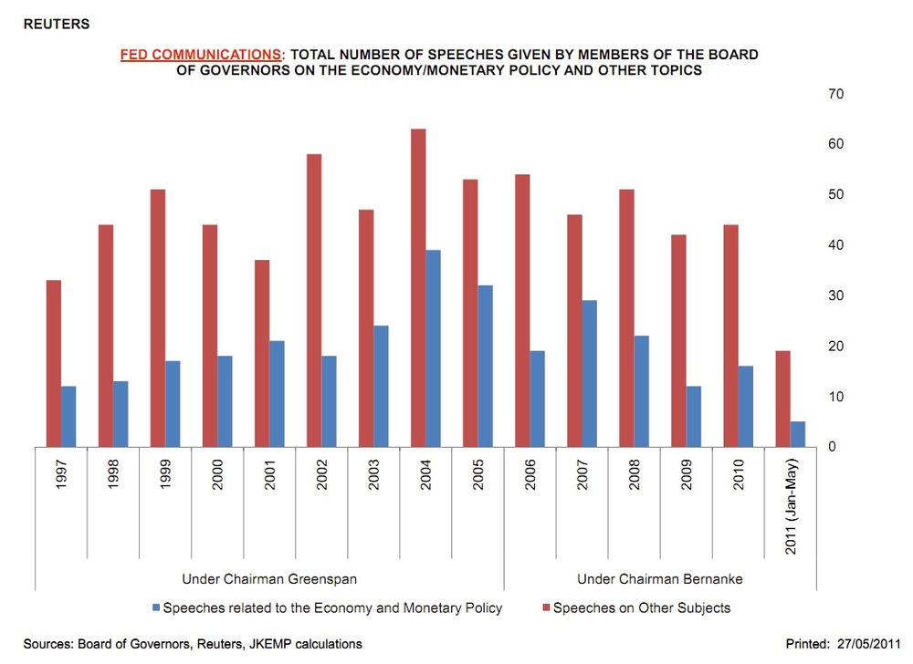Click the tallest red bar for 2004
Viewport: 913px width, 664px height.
[x=418, y=287]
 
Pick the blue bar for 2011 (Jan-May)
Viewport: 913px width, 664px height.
[x=798, y=434]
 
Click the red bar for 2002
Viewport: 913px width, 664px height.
[x=314, y=300]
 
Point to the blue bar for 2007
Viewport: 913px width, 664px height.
[x=590, y=373]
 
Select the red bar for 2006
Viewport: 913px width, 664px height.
[x=523, y=310]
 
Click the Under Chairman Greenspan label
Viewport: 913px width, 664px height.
[x=268, y=579]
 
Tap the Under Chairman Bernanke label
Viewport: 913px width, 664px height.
[x=660, y=579]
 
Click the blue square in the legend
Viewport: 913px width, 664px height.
[x=155, y=607]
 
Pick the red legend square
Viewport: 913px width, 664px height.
[x=546, y=607]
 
